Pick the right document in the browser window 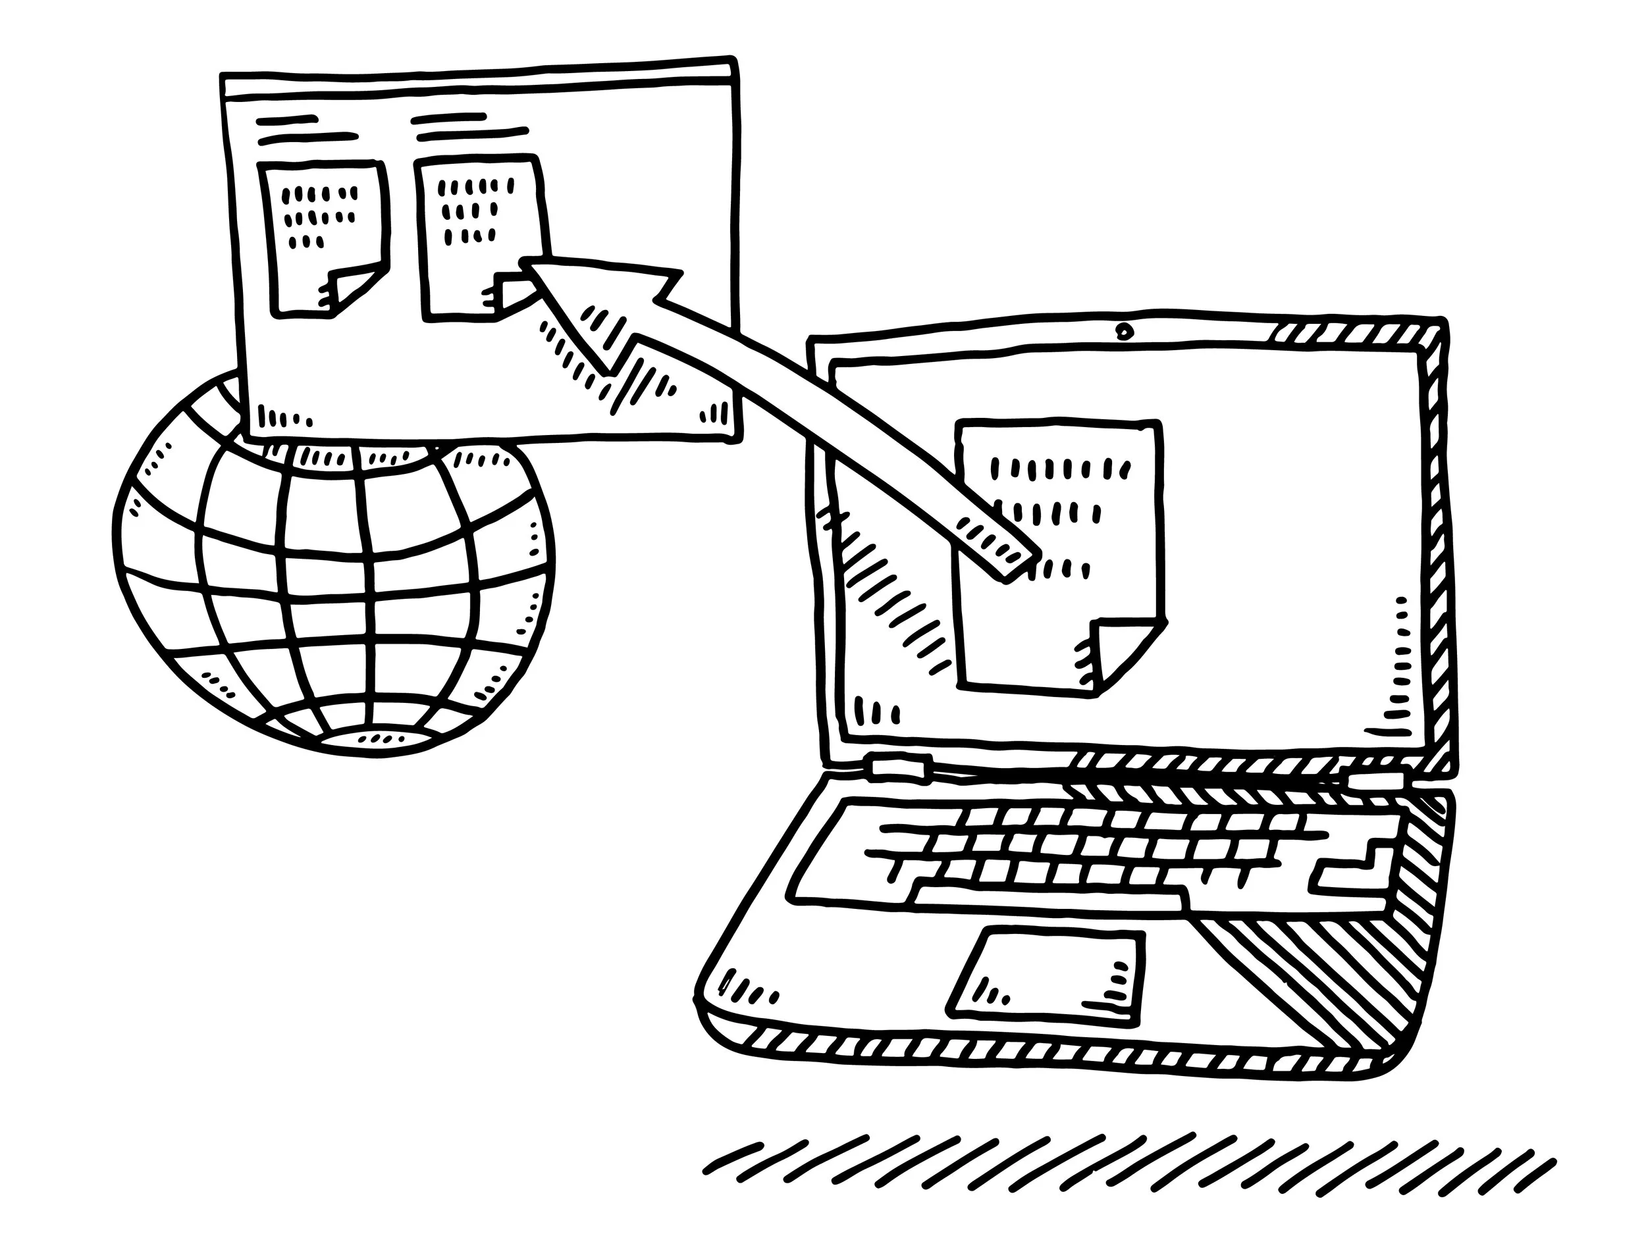tap(480, 238)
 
